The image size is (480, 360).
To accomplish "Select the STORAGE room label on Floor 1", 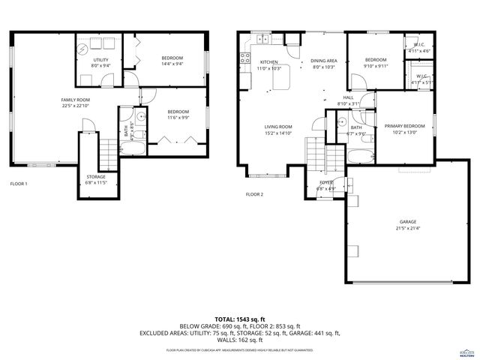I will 95,176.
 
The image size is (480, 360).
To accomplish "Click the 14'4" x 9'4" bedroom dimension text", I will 172,64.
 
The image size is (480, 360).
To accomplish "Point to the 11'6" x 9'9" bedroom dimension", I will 178,117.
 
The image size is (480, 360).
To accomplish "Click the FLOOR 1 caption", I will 18,184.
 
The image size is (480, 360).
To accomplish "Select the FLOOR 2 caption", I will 254,194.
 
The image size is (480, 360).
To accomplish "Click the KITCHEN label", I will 269,61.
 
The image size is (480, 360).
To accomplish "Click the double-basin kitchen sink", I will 264,38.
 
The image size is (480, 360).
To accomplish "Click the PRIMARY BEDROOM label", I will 404,126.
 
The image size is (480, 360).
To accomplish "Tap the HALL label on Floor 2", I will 348,97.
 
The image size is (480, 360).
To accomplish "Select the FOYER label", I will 326,182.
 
